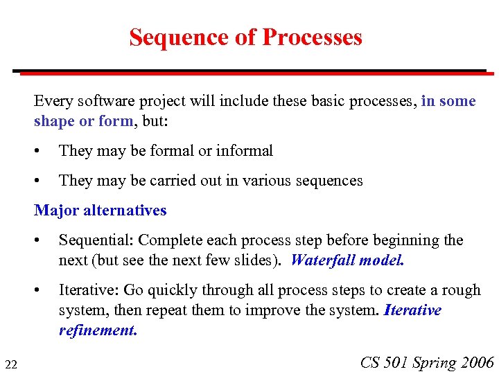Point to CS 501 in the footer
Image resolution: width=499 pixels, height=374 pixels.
click(x=385, y=362)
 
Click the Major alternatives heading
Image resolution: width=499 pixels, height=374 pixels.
click(x=100, y=210)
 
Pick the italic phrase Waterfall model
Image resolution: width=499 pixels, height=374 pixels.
click(x=347, y=260)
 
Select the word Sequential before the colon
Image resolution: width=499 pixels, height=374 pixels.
click(x=96, y=240)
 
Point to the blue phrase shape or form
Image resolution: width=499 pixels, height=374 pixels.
click(x=83, y=121)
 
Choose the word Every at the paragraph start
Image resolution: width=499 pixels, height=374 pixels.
click(x=53, y=101)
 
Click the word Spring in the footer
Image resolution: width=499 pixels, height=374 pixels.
click(x=434, y=363)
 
